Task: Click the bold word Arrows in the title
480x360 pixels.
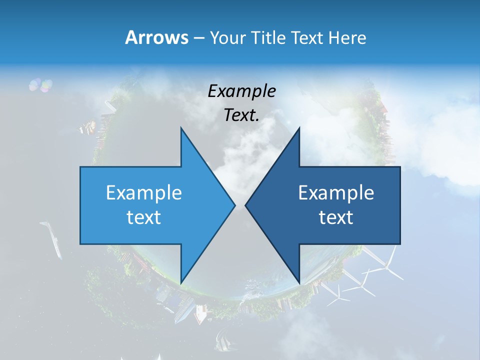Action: click(156, 37)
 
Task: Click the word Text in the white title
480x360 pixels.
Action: click(308, 38)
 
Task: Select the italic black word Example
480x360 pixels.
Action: click(242, 91)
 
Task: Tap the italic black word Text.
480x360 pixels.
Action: click(242, 115)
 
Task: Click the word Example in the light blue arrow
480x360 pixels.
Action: click(144, 193)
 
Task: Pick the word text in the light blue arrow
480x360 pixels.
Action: click(144, 217)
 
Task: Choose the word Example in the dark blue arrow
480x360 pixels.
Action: click(336, 193)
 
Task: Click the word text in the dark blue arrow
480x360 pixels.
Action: click(336, 217)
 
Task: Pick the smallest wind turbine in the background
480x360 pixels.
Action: click(340, 295)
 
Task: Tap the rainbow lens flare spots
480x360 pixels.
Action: click(40, 85)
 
